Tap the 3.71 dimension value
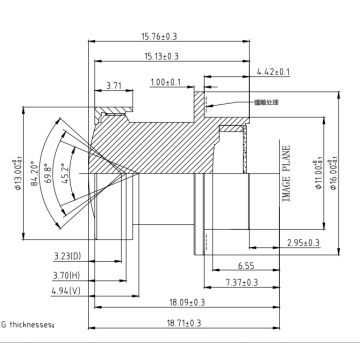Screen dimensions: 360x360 (113, 87)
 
